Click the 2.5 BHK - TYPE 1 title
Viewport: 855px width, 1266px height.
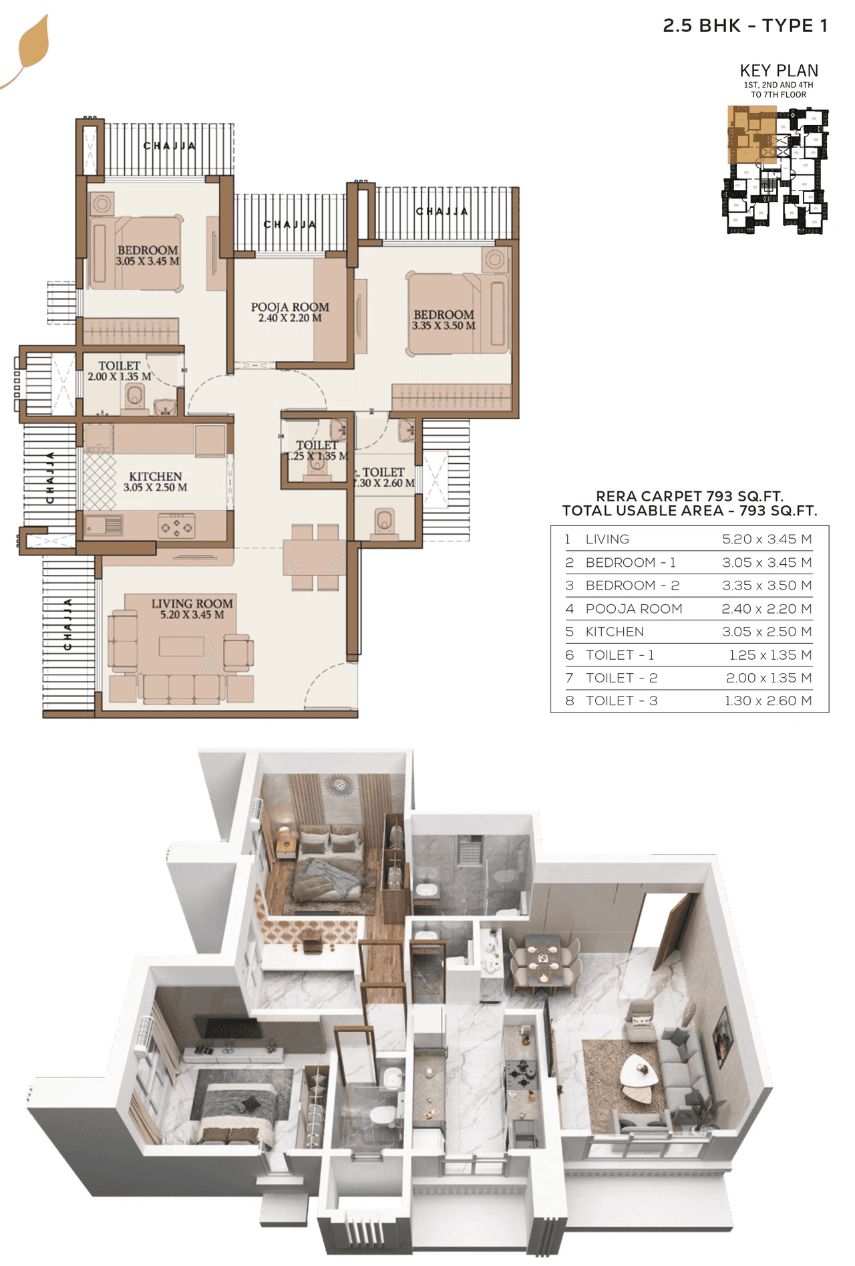coord(745,26)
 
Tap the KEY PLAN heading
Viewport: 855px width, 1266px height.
coord(778,70)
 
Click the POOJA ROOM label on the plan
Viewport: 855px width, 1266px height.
coord(290,307)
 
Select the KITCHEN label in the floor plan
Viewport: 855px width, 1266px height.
coord(155,477)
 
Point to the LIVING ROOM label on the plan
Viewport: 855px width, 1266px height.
coord(192,604)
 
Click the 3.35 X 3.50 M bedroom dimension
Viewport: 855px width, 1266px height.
coord(444,326)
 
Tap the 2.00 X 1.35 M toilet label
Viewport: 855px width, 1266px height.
coord(119,377)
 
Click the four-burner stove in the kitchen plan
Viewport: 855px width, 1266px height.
coord(176,527)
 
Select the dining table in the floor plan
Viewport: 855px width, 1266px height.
coord(313,557)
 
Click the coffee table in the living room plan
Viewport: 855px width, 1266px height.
coord(181,646)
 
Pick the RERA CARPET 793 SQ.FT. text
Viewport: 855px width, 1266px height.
coord(689,496)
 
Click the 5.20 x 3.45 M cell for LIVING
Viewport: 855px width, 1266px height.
coord(766,539)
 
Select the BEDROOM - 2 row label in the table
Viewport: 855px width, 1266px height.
coord(632,586)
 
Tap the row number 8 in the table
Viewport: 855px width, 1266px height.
coord(569,701)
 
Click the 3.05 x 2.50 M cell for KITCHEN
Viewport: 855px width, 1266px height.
coord(766,632)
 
